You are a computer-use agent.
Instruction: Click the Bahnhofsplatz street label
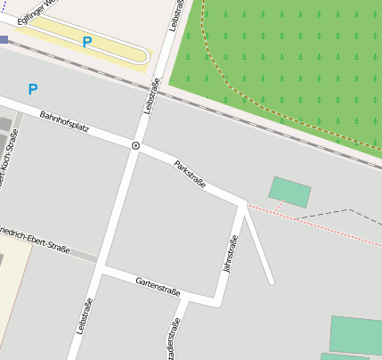click(x=64, y=122)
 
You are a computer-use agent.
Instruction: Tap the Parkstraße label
click(x=190, y=174)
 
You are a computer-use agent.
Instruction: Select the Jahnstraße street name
click(x=231, y=254)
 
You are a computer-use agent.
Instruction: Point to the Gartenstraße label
click(x=158, y=286)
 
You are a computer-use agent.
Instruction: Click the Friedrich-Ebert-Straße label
click(x=36, y=234)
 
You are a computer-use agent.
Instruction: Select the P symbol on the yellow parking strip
click(x=86, y=42)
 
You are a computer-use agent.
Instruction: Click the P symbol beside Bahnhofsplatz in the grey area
click(x=33, y=89)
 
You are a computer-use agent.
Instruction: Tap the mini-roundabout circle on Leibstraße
click(x=135, y=145)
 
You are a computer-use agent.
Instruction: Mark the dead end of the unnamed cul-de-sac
click(x=271, y=282)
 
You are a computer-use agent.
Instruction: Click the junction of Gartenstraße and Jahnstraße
click(x=216, y=304)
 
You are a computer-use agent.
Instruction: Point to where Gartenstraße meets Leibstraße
click(x=101, y=267)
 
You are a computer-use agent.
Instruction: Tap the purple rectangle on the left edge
click(x=4, y=39)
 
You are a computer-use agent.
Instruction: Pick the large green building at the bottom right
click(x=355, y=335)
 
